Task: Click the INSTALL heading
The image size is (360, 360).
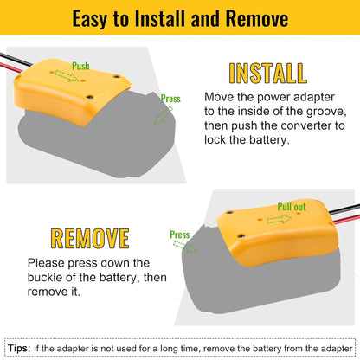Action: pos(267,74)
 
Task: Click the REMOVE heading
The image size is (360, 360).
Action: pos(90,239)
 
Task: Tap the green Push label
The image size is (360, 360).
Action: pos(80,66)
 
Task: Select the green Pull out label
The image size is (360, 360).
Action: pos(292,207)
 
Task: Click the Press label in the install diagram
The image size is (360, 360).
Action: pos(170,99)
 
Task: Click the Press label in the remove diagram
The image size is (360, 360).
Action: pos(179,235)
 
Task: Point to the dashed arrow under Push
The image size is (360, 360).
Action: pos(67,76)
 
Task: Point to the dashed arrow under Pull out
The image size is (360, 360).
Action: pos(279,219)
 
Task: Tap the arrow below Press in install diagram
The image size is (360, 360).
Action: pos(164,115)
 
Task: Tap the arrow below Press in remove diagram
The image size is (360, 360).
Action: pos(185,247)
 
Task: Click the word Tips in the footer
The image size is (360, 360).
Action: pos(19,348)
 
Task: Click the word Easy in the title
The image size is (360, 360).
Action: pos(89,19)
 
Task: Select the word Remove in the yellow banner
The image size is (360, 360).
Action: pos(257,18)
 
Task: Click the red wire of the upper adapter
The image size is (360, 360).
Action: pos(10,67)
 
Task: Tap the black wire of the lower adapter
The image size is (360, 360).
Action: pos(344,209)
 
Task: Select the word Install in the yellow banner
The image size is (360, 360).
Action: pos(160,18)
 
